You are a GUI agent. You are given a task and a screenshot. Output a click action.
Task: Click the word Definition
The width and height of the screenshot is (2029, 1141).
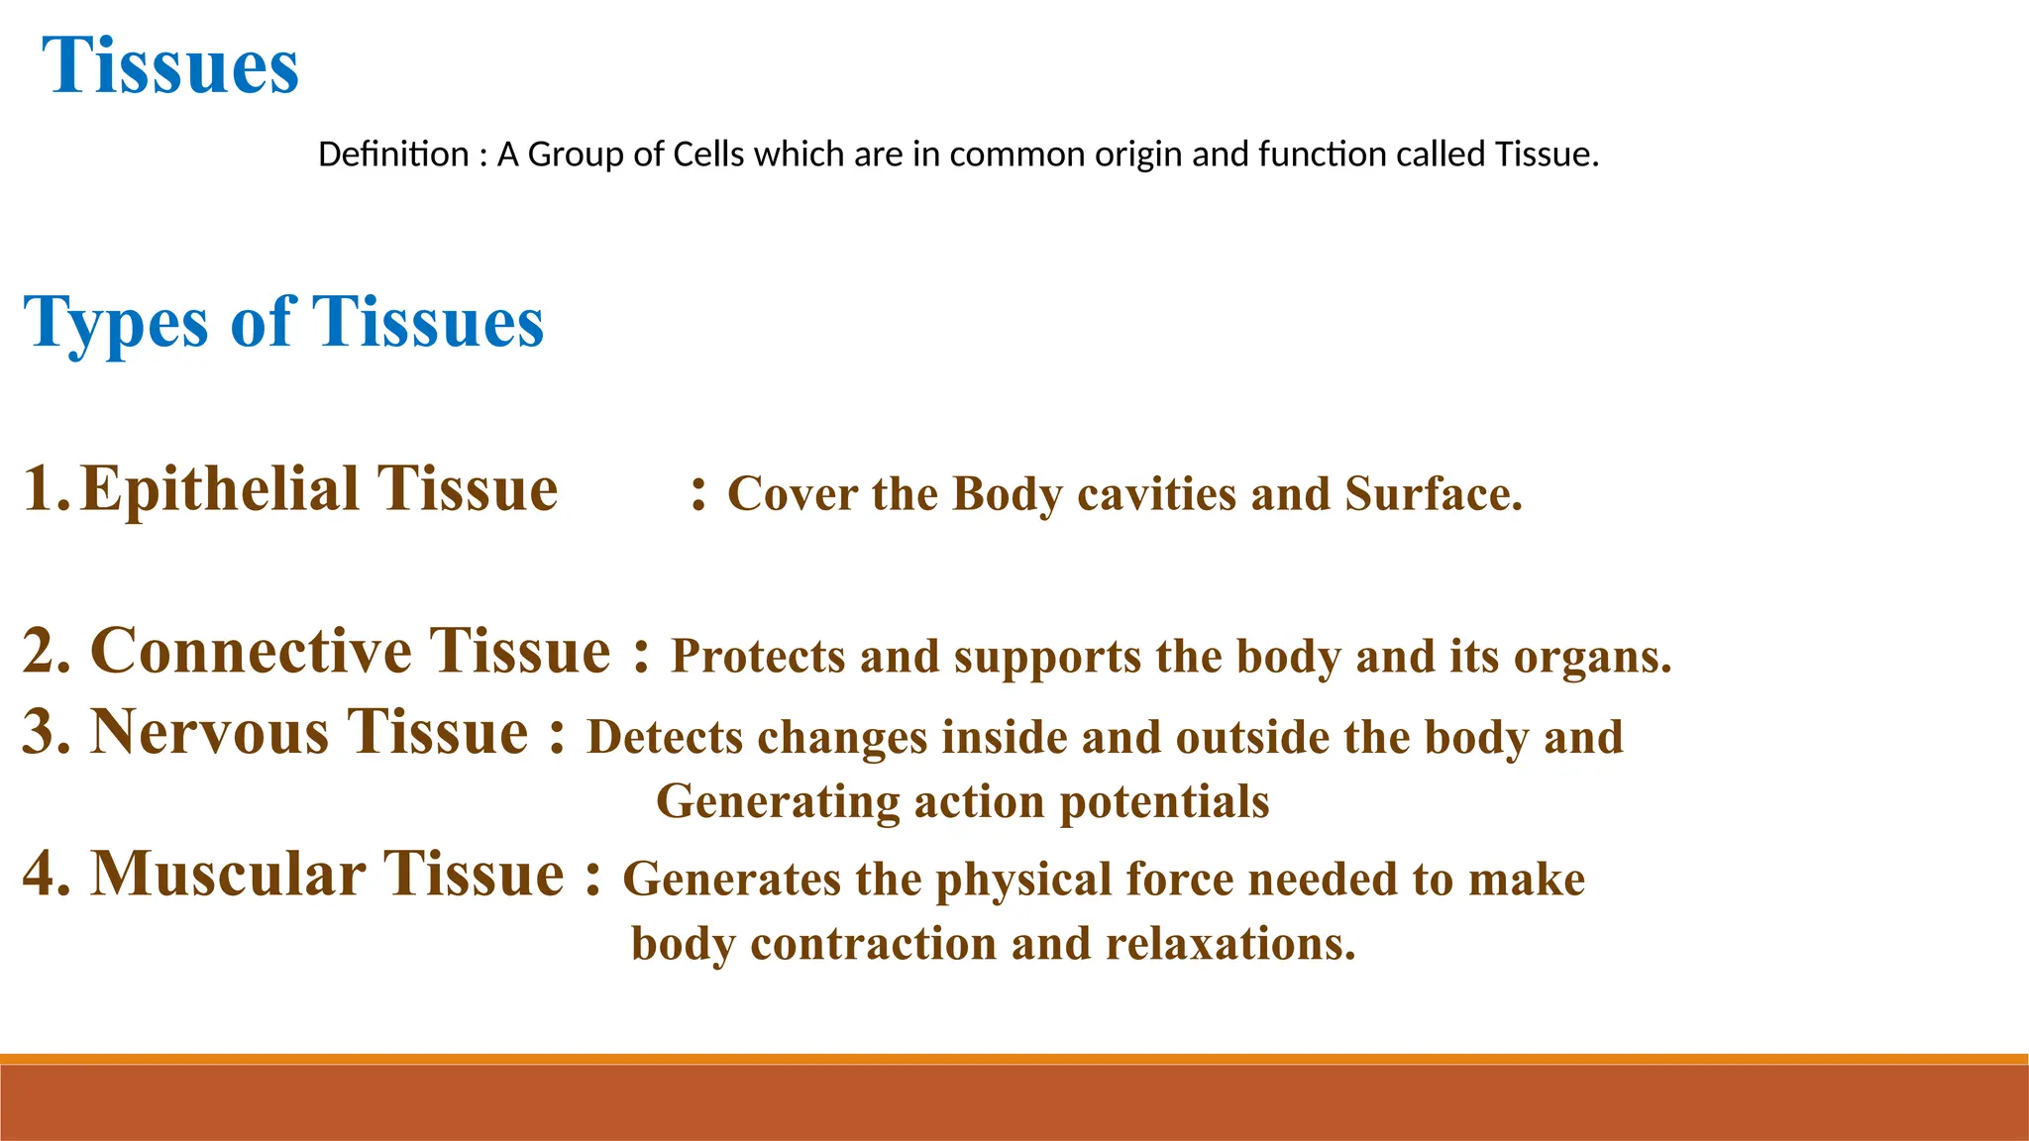tap(393, 155)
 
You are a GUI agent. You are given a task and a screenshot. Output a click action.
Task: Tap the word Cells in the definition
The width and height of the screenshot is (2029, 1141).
tap(707, 155)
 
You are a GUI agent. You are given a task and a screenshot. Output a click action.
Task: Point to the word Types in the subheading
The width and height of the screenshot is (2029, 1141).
tap(116, 323)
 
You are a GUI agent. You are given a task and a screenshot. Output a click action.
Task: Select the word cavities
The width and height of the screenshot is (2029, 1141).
tap(1156, 493)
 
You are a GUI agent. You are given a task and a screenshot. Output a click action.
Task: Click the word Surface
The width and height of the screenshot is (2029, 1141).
tap(1432, 493)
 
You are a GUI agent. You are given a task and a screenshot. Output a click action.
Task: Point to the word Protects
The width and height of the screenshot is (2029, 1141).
tap(758, 657)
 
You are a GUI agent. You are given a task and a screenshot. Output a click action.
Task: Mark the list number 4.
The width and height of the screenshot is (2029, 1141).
tap(46, 875)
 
